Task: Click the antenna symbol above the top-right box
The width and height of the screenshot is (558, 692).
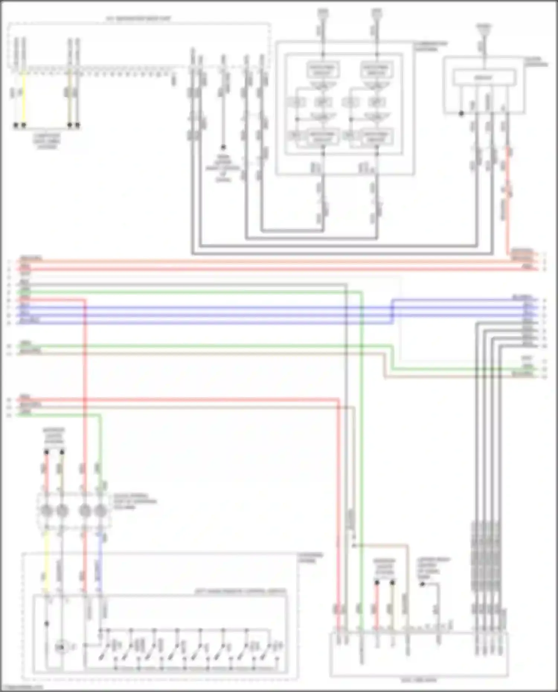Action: pos(484,28)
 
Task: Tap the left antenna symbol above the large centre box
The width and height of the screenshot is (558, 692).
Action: pos(323,13)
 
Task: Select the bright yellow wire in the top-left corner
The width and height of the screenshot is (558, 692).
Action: pos(24,97)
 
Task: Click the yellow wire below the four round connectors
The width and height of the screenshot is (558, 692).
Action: pos(46,561)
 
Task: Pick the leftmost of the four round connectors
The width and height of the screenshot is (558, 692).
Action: pos(46,511)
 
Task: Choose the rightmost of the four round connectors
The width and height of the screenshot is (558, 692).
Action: pos(100,511)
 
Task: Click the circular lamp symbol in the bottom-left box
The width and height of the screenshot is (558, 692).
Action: pos(61,647)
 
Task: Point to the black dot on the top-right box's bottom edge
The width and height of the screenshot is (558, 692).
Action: pos(461,113)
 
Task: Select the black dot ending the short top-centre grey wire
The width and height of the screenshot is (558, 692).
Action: pos(223,147)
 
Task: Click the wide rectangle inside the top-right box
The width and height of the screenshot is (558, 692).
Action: pos(484,78)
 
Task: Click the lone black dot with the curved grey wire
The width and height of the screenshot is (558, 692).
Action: pos(422,584)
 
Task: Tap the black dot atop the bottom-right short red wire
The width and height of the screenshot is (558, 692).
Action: pos(377,582)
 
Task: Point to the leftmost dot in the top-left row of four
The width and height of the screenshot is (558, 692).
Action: pos(16,125)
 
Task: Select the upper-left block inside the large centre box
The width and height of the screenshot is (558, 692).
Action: pos(323,70)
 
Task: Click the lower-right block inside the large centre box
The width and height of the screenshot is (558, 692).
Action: pos(376,136)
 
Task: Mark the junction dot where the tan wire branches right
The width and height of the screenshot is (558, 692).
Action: pos(354,545)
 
